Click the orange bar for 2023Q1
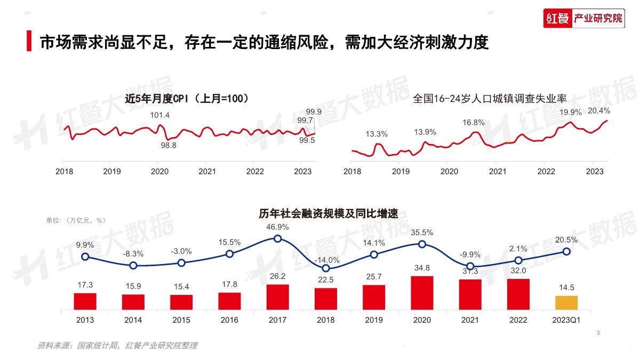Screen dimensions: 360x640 click(x=566, y=303)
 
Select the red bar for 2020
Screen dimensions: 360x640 click(x=422, y=293)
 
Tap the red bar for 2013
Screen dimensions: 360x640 click(x=85, y=301)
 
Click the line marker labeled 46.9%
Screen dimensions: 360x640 click(x=278, y=238)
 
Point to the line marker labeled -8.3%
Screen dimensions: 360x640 click(x=133, y=265)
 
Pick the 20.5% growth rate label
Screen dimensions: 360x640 click(x=566, y=240)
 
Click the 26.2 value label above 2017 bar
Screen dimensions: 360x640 click(x=278, y=276)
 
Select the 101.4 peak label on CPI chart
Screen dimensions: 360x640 click(x=159, y=115)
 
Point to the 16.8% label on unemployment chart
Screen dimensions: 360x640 click(x=473, y=122)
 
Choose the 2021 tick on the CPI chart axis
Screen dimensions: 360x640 click(x=207, y=171)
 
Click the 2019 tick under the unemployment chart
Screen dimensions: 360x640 click(x=401, y=171)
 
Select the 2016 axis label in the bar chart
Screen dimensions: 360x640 click(x=229, y=320)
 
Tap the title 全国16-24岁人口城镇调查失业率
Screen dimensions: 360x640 click(x=490, y=99)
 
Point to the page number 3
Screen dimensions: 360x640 click(x=598, y=333)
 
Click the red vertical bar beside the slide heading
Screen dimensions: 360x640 click(x=29, y=41)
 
